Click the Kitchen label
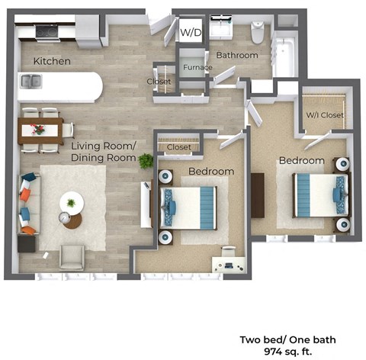52,60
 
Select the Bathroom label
236,56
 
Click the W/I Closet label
325,116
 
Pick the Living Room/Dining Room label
104,151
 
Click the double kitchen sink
31,80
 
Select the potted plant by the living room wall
145,161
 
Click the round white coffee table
72,203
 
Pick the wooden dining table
40,130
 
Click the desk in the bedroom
230,263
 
